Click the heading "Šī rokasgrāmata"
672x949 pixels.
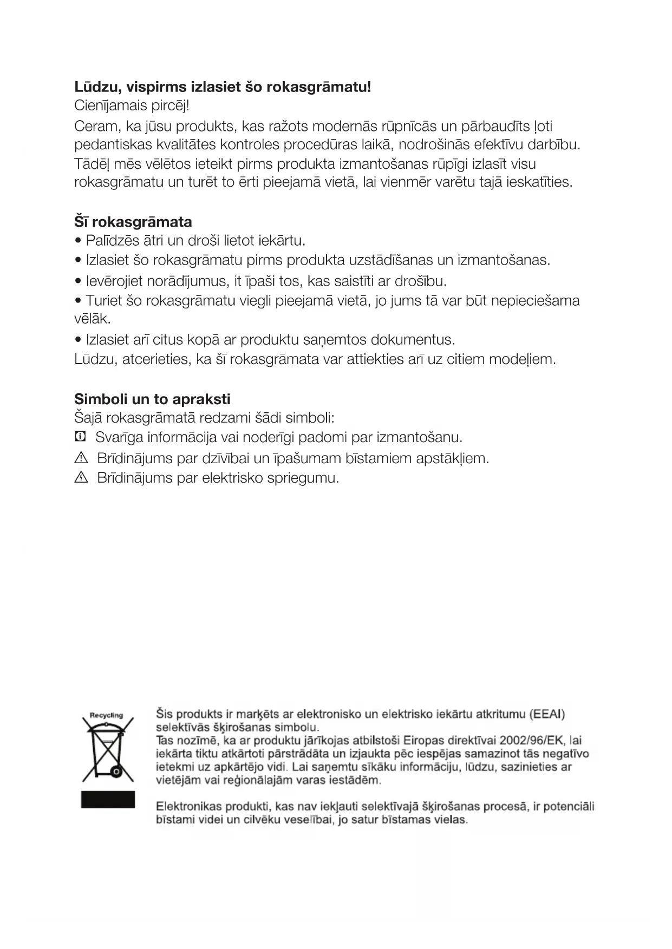(x=133, y=222)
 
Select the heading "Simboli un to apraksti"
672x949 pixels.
(x=152, y=399)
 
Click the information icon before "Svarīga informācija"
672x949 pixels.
(x=80, y=436)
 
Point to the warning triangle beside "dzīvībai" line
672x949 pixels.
(x=81, y=458)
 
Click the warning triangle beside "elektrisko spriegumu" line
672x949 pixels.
(x=81, y=478)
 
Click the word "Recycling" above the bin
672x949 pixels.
(x=106, y=715)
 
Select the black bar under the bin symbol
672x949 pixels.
(x=108, y=800)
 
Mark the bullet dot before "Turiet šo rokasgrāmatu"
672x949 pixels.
(x=79, y=301)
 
